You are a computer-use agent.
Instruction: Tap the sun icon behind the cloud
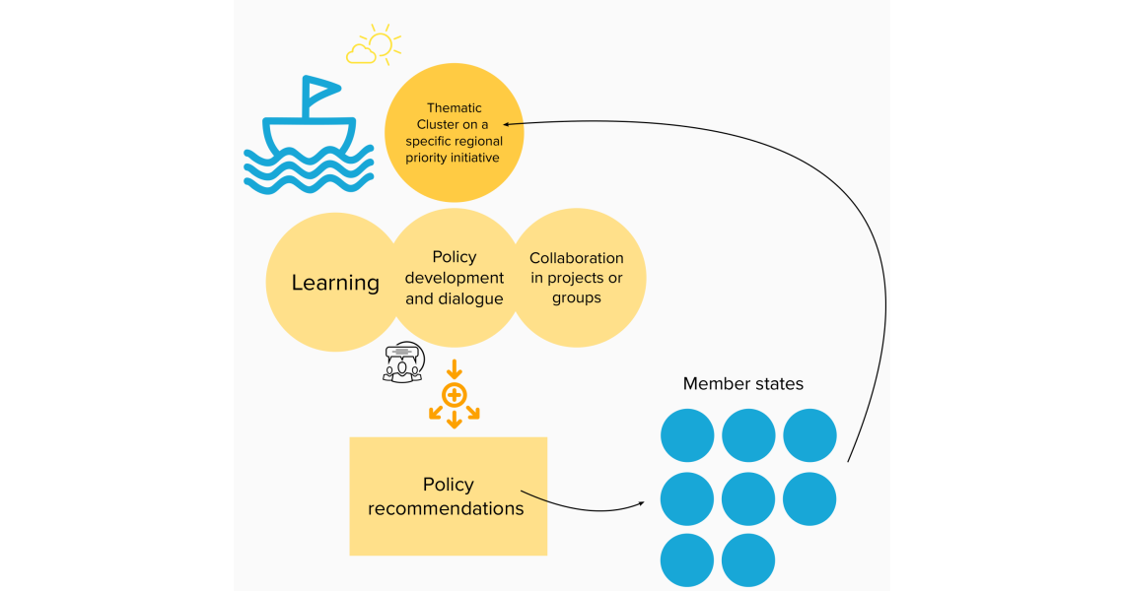click(381, 43)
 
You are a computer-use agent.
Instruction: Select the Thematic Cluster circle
click(454, 134)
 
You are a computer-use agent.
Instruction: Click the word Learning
click(335, 283)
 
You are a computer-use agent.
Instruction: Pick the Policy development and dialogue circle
click(455, 278)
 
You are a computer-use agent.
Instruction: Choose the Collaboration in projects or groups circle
click(577, 278)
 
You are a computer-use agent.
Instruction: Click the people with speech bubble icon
click(402, 361)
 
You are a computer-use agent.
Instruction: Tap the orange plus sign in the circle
click(454, 396)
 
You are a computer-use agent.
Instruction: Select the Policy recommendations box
click(448, 496)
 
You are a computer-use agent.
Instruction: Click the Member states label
click(743, 384)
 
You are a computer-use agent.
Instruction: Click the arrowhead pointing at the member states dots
click(641, 503)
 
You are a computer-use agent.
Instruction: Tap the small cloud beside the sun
click(361, 53)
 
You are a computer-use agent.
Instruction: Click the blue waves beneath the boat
click(309, 168)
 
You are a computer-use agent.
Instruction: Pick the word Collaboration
click(577, 258)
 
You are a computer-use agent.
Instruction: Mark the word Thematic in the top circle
click(454, 107)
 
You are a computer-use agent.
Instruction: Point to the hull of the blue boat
click(308, 134)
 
